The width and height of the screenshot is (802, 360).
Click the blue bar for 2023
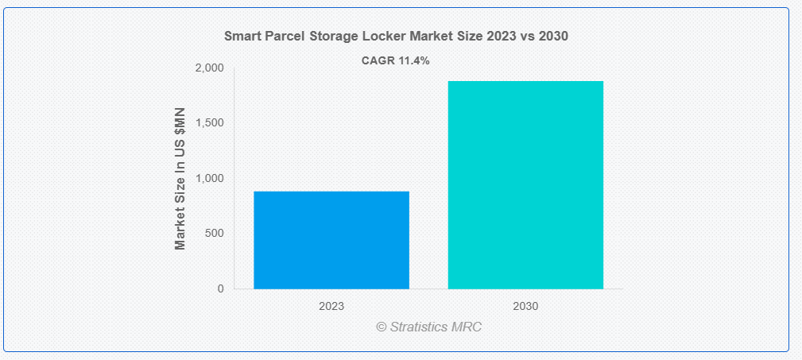click(331, 239)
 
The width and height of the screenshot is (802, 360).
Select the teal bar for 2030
click(525, 184)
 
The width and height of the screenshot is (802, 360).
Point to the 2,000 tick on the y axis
click(209, 68)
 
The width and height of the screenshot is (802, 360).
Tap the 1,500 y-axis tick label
click(209, 123)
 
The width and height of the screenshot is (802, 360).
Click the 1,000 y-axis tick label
click(209, 178)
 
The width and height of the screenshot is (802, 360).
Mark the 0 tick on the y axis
click(220, 288)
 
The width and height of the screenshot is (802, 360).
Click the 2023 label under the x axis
click(331, 305)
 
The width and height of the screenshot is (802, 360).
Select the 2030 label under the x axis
click(525, 305)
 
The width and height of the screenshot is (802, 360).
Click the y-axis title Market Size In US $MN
click(180, 178)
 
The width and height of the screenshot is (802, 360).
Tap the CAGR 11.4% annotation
click(395, 61)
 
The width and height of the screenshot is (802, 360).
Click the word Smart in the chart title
click(241, 37)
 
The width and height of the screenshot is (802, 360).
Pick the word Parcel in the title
click(281, 37)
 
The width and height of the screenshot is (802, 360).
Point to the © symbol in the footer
click(382, 327)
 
